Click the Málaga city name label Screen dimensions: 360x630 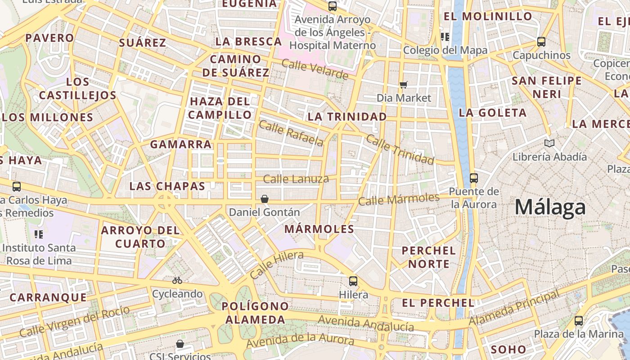click(550, 207)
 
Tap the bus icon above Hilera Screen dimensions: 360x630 click(353, 281)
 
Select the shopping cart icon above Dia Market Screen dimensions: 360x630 click(404, 85)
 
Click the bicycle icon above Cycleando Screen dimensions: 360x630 click(177, 280)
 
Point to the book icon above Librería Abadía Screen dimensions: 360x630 click(549, 144)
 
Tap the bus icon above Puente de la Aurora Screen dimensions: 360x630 click(474, 178)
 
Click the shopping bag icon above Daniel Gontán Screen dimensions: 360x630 click(265, 199)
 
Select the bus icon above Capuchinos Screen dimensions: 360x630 click(541, 42)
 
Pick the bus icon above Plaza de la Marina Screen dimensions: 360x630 click(579, 321)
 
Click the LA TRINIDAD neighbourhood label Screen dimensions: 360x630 click(347, 117)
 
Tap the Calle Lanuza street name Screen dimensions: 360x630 click(296, 179)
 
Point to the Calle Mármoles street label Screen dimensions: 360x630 click(399, 199)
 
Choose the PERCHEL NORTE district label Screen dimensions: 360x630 click(429, 257)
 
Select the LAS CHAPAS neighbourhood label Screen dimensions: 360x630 click(167, 186)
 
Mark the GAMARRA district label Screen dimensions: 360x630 click(180, 144)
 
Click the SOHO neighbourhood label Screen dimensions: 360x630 click(508, 349)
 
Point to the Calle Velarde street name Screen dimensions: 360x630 click(315, 69)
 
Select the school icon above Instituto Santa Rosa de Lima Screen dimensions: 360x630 click(39, 234)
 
